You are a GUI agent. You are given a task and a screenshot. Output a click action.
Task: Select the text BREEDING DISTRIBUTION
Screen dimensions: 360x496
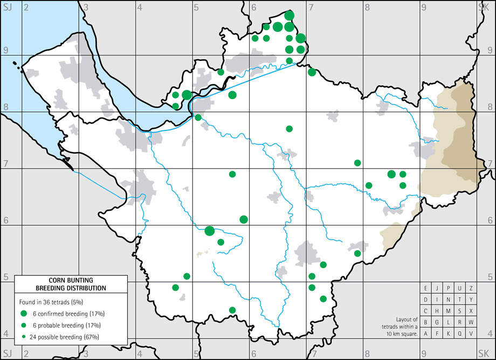click(x=71, y=288)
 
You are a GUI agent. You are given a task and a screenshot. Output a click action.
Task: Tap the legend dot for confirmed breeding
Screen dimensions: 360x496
click(x=24, y=314)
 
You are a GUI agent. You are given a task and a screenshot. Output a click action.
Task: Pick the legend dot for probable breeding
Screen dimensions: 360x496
click(x=24, y=326)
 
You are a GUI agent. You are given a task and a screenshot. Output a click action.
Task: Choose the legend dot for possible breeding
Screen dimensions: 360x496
click(x=24, y=337)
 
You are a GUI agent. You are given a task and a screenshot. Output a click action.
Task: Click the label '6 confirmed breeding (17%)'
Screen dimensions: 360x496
click(x=70, y=314)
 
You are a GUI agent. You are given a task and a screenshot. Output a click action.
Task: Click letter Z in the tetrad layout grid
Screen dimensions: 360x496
click(x=471, y=288)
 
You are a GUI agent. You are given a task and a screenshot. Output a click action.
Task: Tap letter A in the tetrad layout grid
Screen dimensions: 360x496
click(x=426, y=334)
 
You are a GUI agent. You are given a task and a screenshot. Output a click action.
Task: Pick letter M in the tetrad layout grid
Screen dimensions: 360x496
click(x=449, y=311)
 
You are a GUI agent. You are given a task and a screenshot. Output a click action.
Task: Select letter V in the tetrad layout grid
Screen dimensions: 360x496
click(x=471, y=334)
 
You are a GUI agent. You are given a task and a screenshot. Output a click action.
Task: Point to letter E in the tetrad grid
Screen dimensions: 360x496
click(x=426, y=288)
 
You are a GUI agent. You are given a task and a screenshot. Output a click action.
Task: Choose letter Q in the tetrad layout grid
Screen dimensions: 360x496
click(x=460, y=334)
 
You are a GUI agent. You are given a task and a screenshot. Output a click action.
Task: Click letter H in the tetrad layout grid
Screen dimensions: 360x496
click(x=437, y=311)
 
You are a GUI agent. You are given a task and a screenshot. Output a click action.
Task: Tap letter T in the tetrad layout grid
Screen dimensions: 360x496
click(x=460, y=300)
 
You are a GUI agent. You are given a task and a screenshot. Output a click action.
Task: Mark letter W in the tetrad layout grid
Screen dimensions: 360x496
click(x=471, y=322)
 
